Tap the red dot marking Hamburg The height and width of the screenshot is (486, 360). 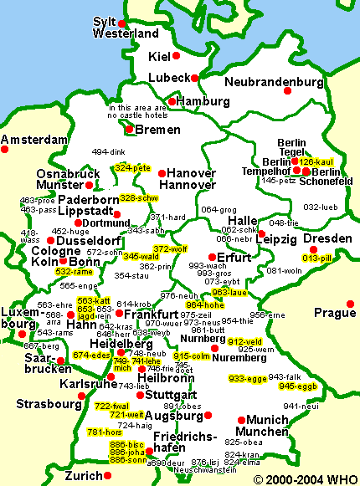click(172, 102)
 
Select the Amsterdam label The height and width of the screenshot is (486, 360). click(33, 139)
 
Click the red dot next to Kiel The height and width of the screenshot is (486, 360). click(176, 56)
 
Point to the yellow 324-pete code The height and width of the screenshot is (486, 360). click(132, 168)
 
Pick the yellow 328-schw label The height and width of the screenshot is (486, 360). click(139, 198)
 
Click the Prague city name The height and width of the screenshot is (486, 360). click(333, 314)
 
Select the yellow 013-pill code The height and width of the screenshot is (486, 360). click(318, 258)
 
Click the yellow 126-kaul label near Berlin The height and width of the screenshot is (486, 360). click(317, 161)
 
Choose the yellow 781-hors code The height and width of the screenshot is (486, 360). click(105, 432)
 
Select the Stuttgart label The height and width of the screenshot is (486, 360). click(171, 394)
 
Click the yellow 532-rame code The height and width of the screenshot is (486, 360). click(74, 272)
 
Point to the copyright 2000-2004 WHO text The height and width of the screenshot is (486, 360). click(306, 478)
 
